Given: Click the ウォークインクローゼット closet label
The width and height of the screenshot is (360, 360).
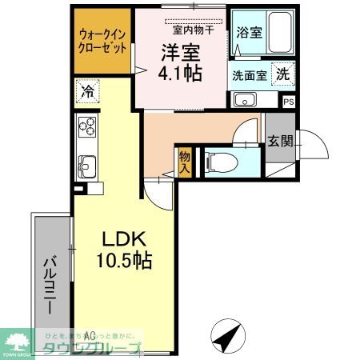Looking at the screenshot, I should click(x=102, y=41).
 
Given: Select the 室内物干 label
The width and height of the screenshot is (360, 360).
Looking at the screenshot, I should click(x=189, y=29).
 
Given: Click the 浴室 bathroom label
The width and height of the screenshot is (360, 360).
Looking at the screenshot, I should click(x=249, y=33).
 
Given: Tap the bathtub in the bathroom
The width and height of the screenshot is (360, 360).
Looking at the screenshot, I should click(x=281, y=33).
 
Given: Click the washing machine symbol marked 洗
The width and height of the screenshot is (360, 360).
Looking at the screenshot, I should click(x=282, y=73).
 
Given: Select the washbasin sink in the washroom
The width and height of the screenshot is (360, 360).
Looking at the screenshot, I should click(x=244, y=100).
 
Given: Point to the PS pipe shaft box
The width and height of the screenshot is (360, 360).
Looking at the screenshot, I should click(x=289, y=101).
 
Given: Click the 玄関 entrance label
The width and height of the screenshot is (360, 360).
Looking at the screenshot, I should click(x=280, y=142).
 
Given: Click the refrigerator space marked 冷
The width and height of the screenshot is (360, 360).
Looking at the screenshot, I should click(x=87, y=91).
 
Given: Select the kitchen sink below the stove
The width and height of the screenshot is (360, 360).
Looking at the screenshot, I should click(x=86, y=166).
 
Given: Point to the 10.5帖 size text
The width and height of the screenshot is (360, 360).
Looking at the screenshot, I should click(x=122, y=260).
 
